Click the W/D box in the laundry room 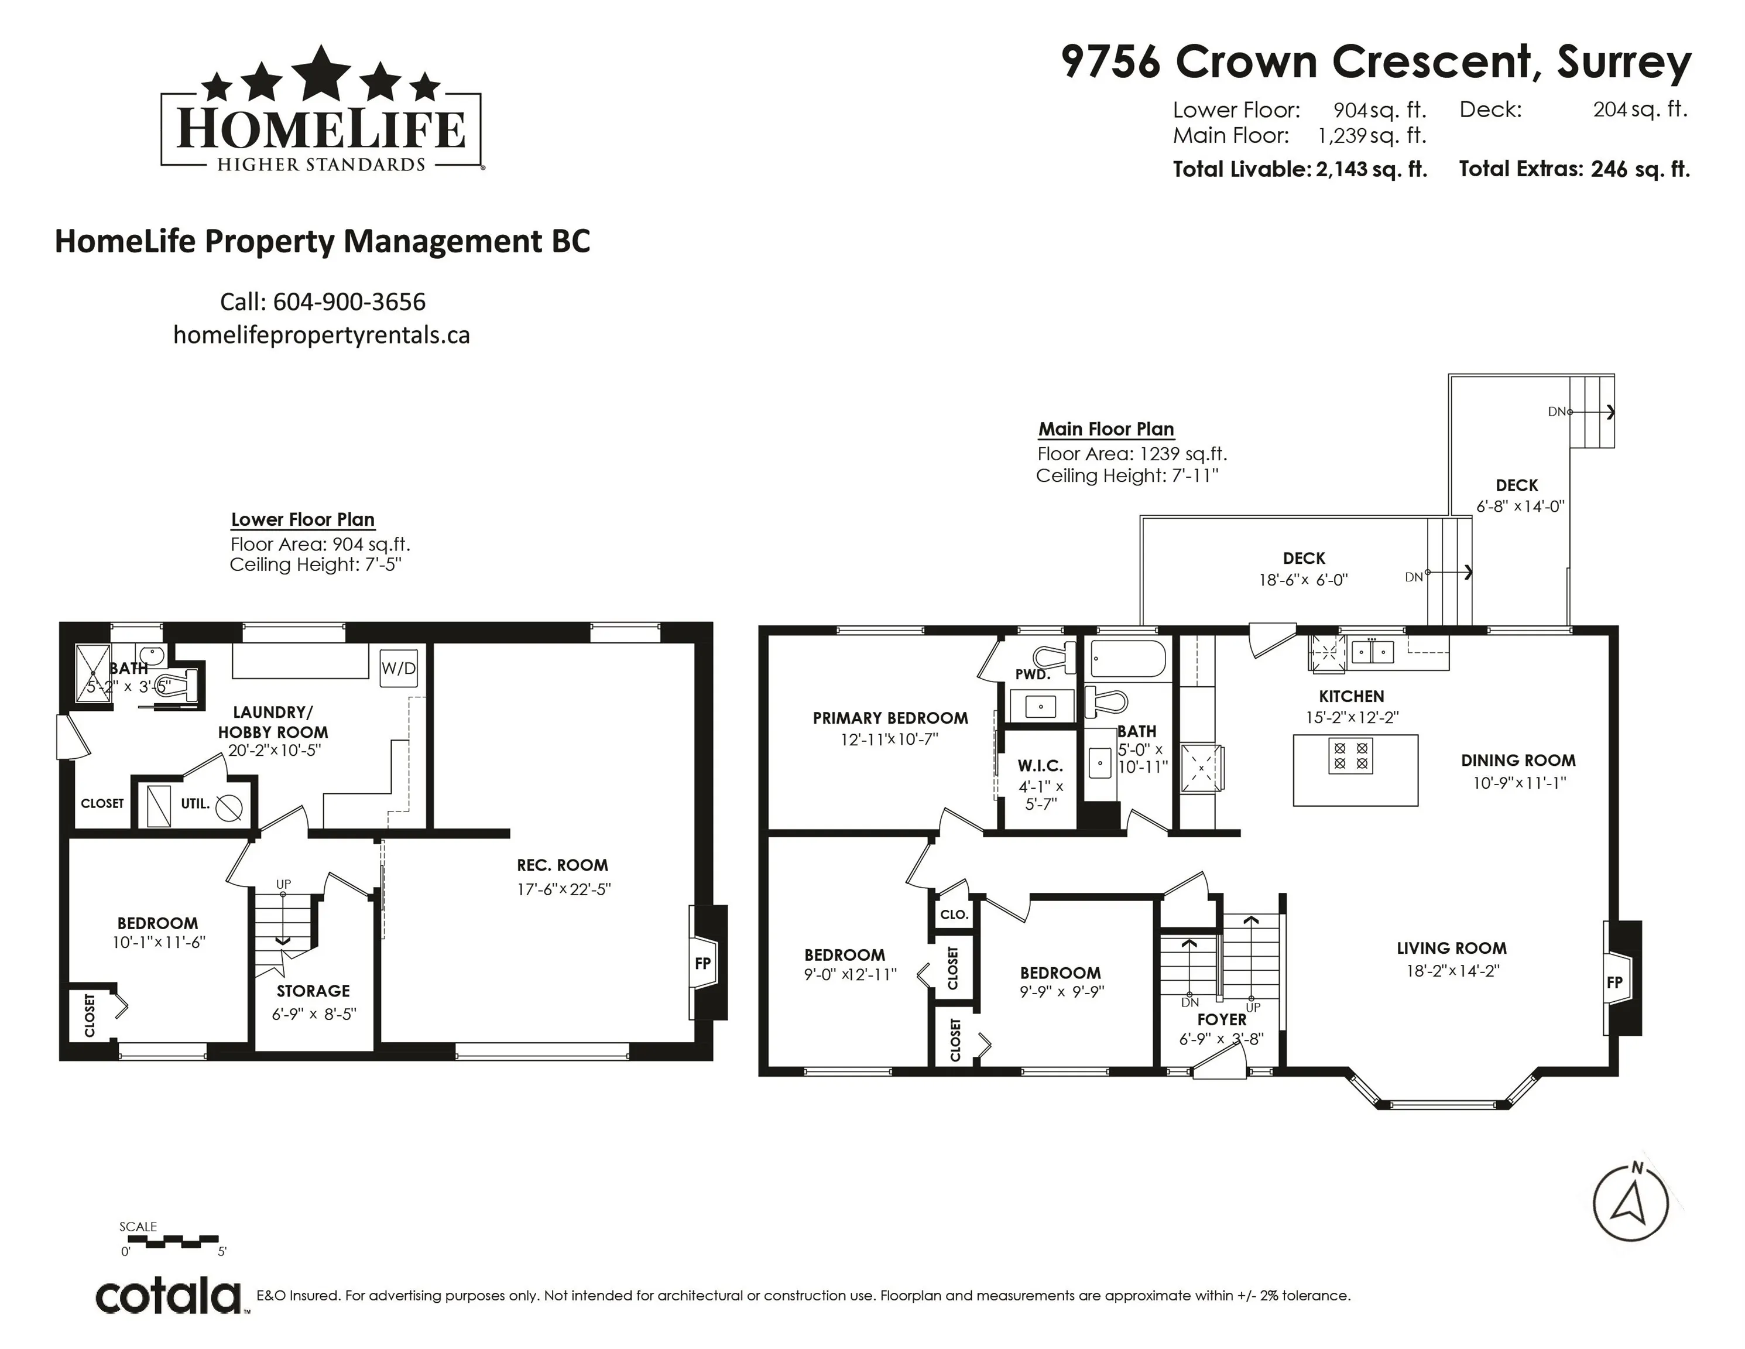[398, 667]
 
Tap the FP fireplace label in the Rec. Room [702, 963]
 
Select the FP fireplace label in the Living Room [1615, 982]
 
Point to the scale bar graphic [173, 1241]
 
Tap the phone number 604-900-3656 [349, 302]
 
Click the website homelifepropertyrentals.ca [321, 335]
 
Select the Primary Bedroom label [890, 718]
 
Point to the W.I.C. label [1040, 766]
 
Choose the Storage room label [313, 991]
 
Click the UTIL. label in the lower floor [195, 803]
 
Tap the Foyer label [1222, 1020]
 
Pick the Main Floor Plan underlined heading [1106, 430]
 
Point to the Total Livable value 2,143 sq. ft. [1371, 169]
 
